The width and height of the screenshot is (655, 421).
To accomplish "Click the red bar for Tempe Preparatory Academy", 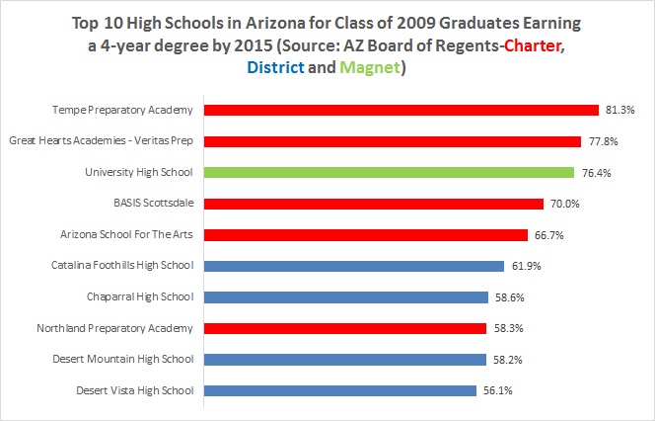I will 401,110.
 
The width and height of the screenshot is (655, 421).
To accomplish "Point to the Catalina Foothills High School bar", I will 354,266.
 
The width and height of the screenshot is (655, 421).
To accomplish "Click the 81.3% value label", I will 618,111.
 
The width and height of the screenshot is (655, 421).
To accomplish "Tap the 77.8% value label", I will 602,141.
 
